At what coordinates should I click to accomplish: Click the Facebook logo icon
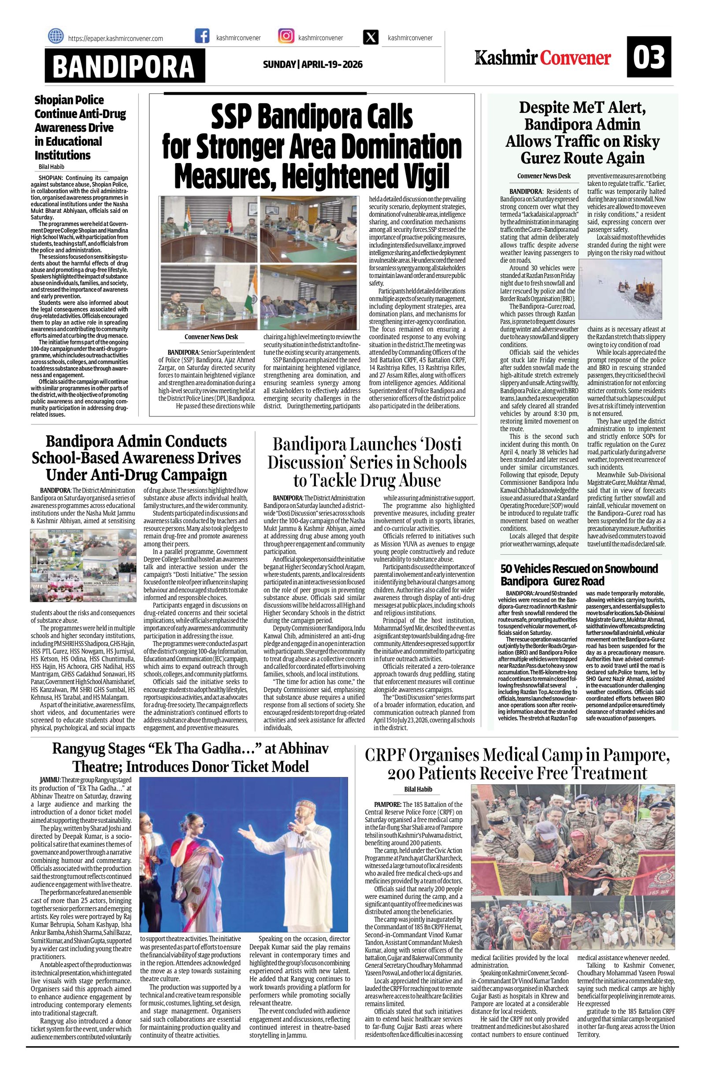click(x=201, y=37)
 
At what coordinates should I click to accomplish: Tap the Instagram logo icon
click(x=286, y=37)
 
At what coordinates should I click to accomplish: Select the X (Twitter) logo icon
click(x=371, y=38)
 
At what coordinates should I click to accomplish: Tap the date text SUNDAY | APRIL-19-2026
click(x=312, y=64)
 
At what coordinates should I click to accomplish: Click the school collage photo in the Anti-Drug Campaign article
click(x=82, y=566)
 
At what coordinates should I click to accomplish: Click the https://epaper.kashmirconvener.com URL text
click(x=115, y=39)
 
